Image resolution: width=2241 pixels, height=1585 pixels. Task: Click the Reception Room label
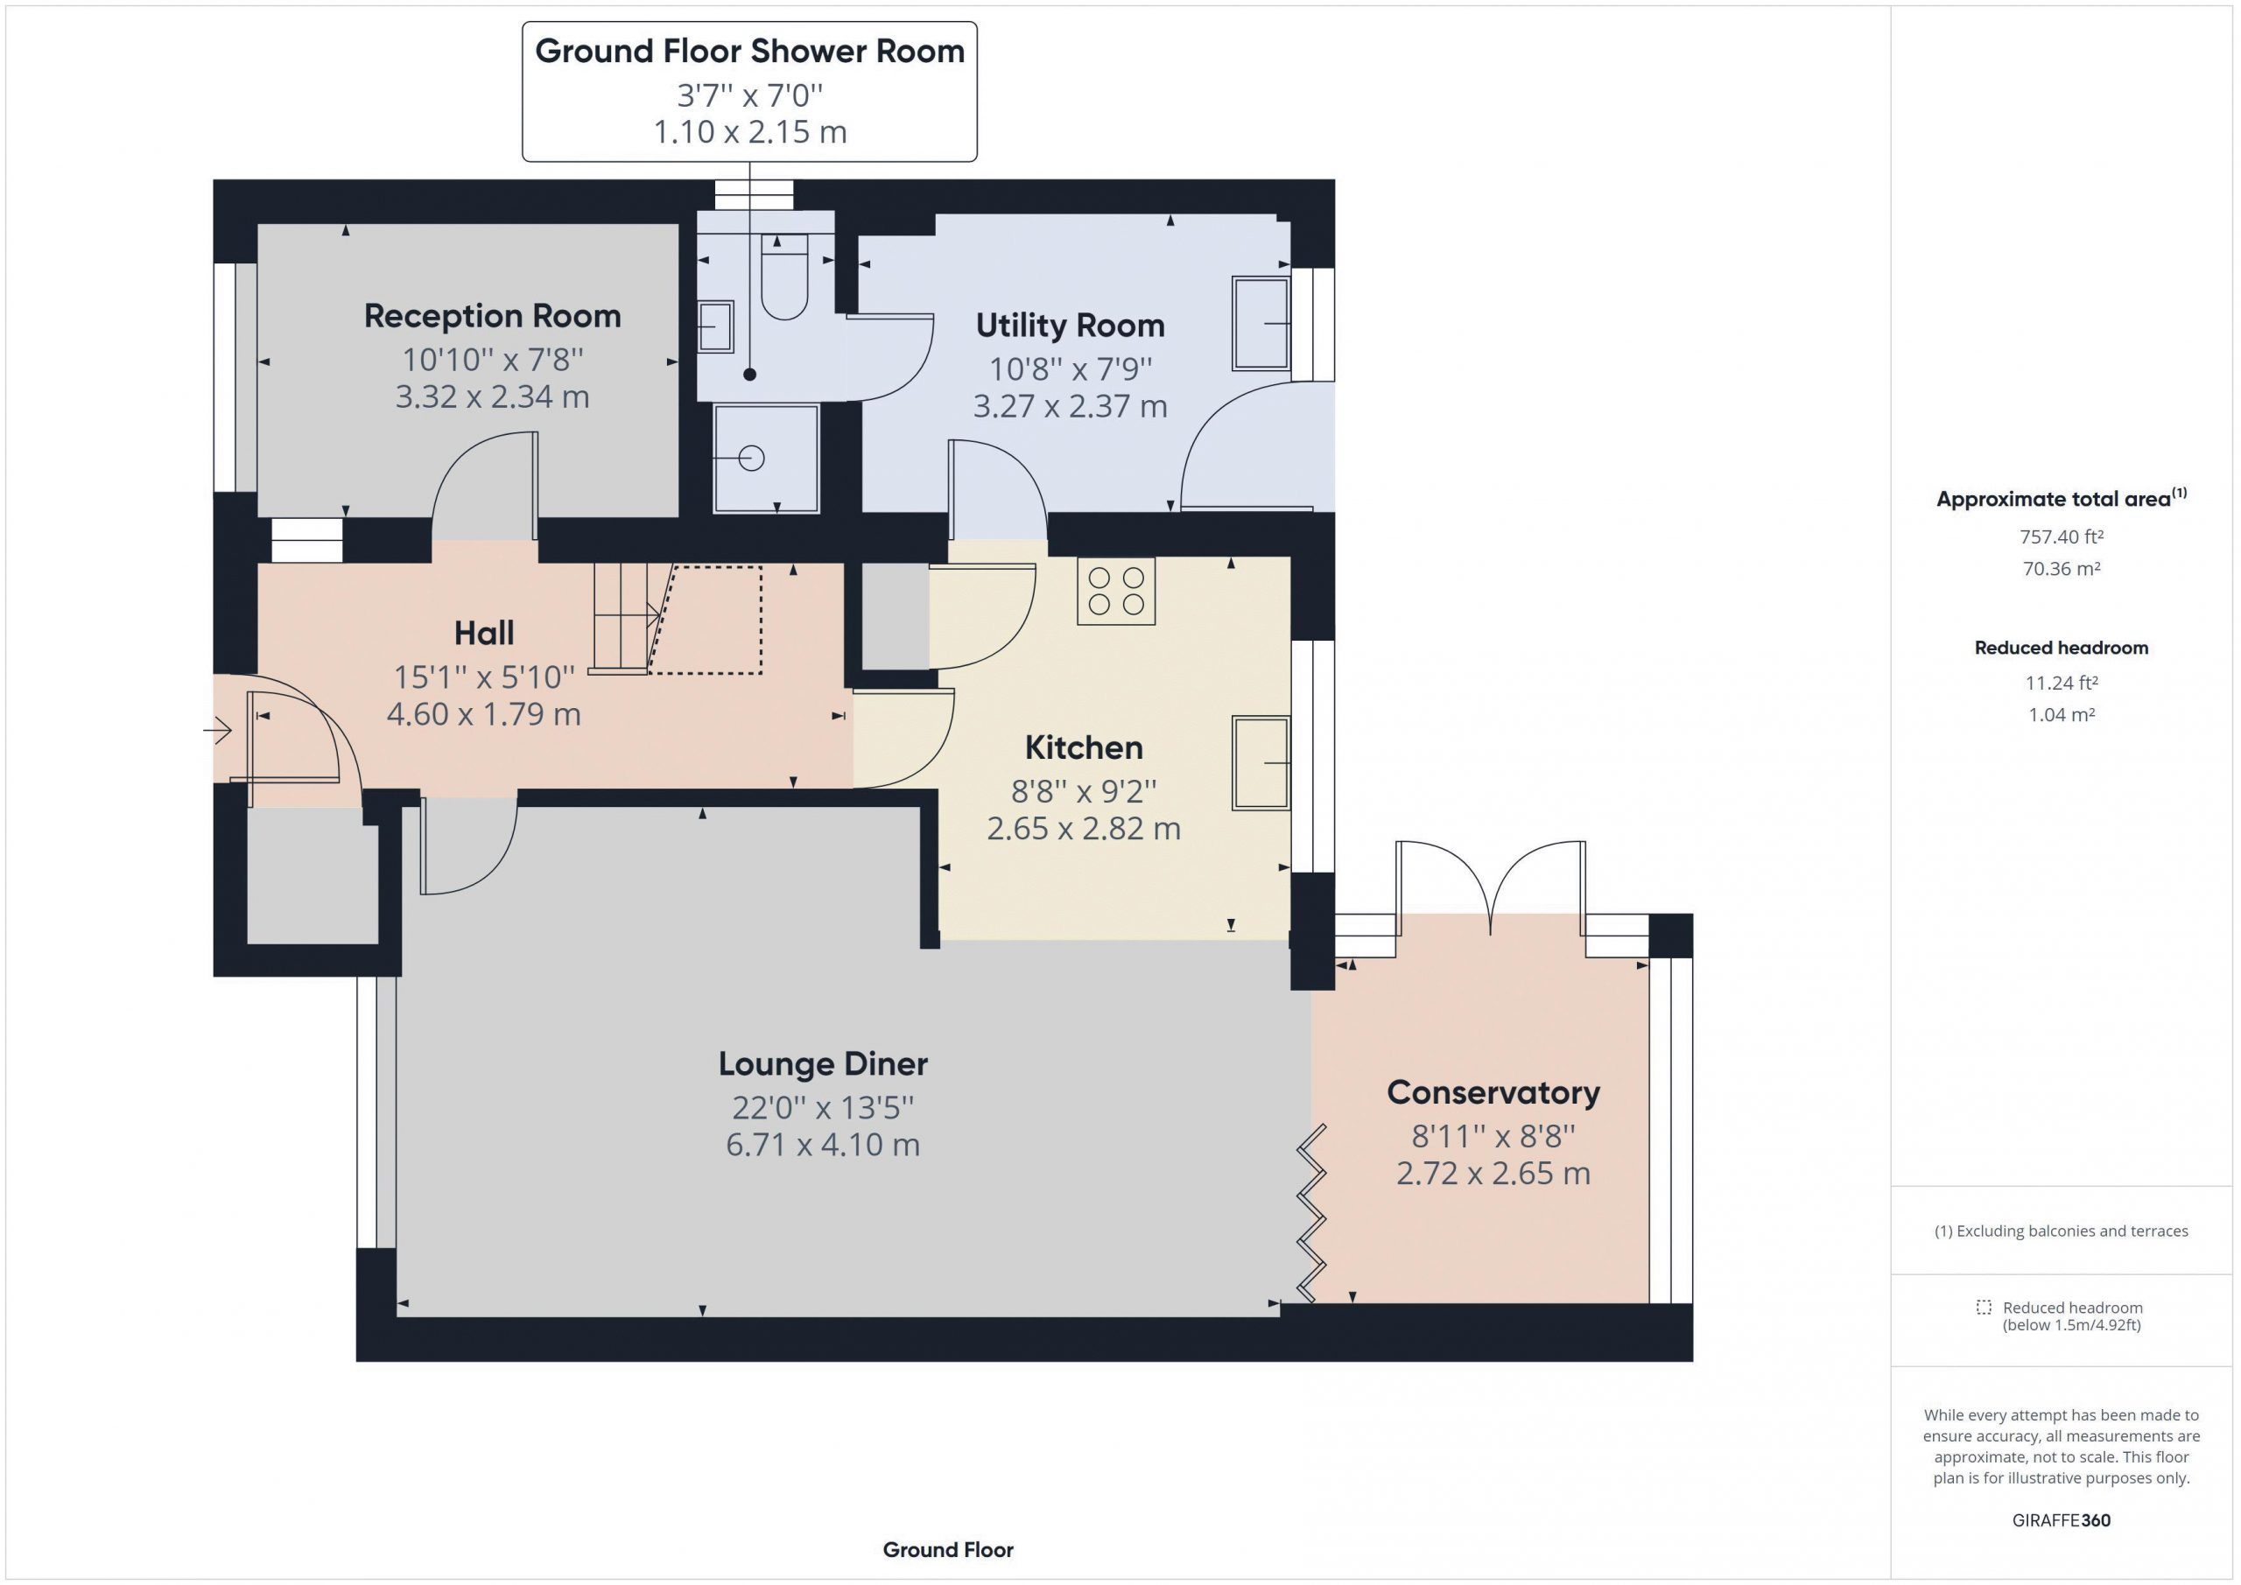(492, 316)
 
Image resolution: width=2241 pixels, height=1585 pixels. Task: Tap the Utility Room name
(1070, 325)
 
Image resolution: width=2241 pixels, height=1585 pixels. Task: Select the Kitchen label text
(1084, 747)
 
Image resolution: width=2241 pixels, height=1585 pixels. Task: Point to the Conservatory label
(1493, 1093)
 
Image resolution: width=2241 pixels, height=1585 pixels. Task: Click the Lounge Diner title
(823, 1064)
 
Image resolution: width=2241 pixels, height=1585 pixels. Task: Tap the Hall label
(484, 634)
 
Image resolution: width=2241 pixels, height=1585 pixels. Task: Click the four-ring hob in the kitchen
(1115, 591)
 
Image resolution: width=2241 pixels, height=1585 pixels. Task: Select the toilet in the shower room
(784, 277)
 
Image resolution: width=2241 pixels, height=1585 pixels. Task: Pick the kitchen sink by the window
(1261, 762)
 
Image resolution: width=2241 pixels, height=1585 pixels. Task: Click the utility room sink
(1261, 323)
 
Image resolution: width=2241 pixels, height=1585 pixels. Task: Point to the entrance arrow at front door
(218, 730)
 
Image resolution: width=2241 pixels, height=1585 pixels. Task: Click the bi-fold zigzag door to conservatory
(1312, 1213)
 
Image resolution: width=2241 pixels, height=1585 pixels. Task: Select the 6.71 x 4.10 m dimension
(823, 1145)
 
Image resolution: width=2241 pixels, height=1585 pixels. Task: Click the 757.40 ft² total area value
(2062, 537)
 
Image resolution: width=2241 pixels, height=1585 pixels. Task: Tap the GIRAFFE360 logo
(2062, 1519)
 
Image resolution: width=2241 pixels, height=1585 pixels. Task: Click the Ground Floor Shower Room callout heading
(749, 52)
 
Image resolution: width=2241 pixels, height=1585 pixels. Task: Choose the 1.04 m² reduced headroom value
(2062, 714)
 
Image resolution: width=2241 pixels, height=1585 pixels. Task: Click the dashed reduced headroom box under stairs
(706, 620)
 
